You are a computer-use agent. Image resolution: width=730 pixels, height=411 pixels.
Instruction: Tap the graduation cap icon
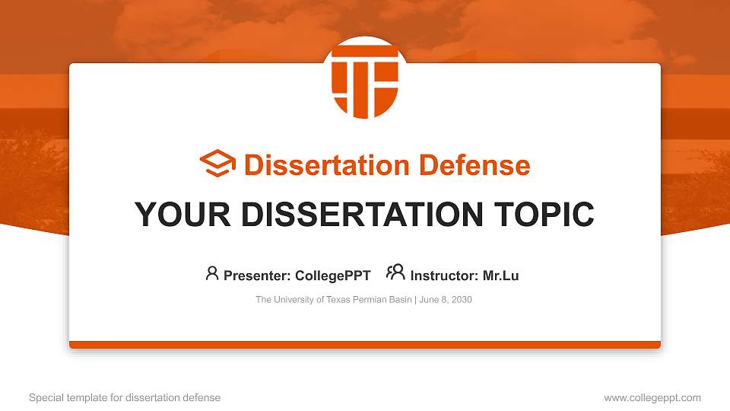217,164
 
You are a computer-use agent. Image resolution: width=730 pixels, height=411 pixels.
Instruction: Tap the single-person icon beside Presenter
212,273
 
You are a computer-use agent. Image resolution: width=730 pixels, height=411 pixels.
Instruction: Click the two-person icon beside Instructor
395,272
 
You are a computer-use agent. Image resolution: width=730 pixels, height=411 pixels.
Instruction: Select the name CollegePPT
332,276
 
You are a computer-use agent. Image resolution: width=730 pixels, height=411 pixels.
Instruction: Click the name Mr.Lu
500,276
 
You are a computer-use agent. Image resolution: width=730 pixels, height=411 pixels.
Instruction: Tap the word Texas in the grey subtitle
337,300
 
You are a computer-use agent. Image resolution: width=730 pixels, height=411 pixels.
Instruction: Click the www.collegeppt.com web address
652,398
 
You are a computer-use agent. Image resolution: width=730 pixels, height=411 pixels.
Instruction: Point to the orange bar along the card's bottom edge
365,345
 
